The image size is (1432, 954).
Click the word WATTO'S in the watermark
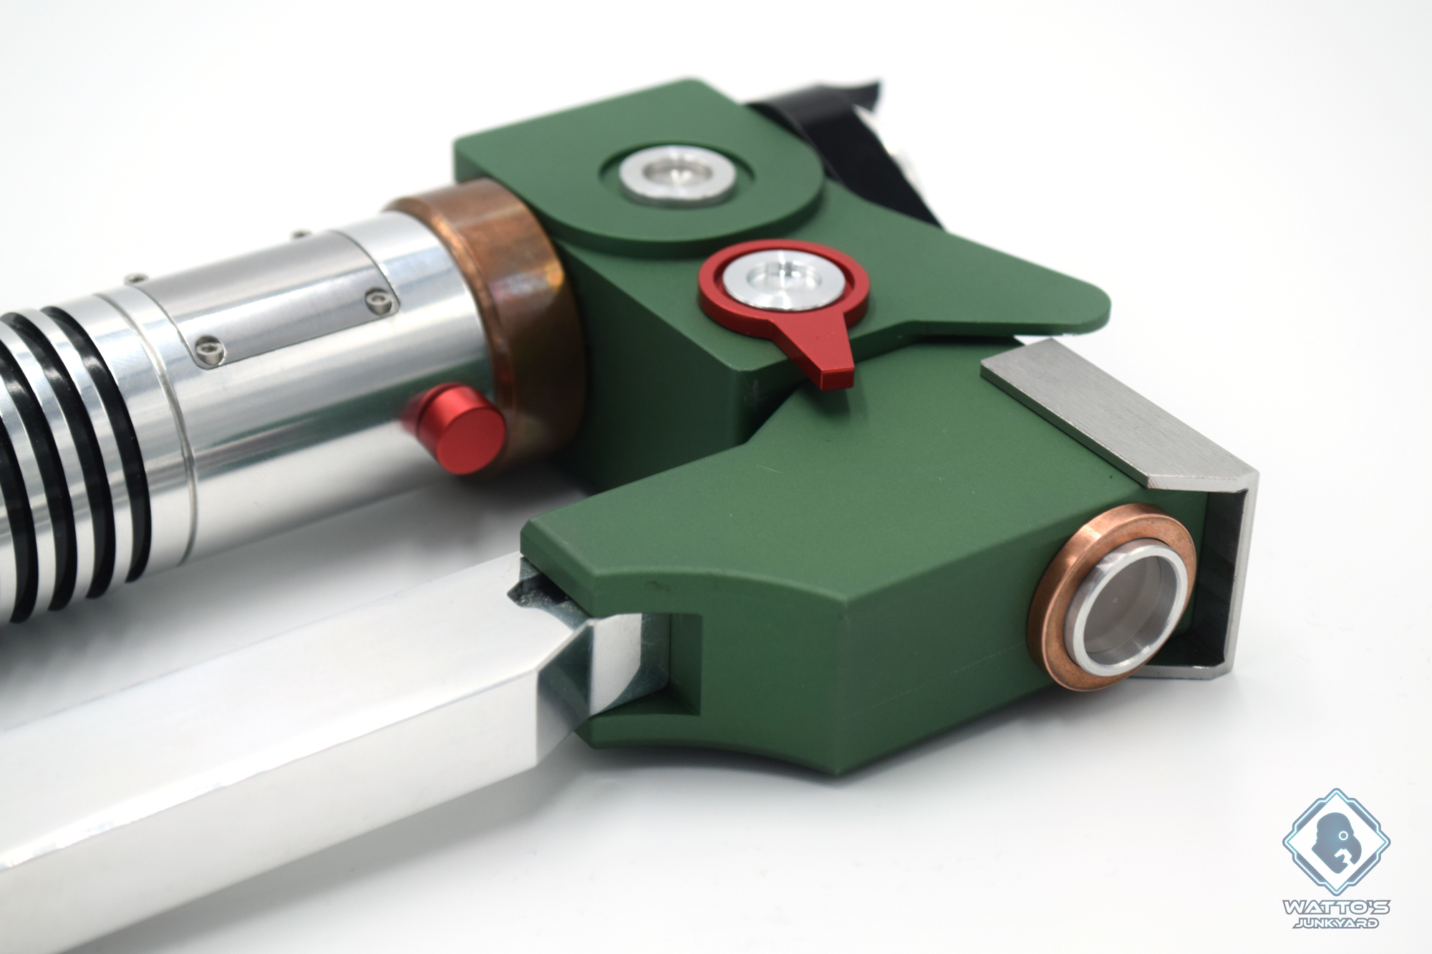tap(1335, 907)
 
